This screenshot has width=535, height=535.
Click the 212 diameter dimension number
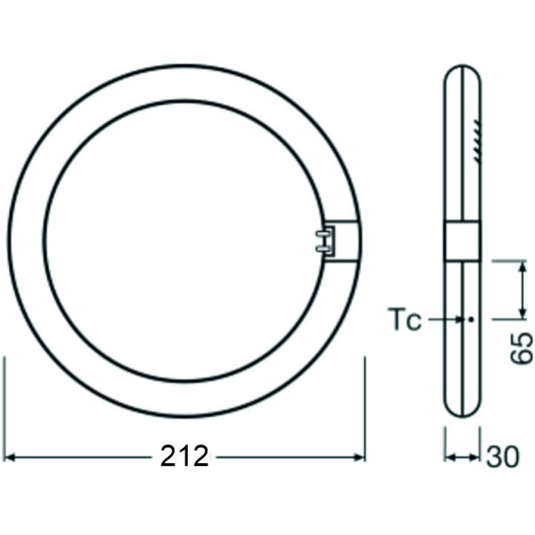pyautogui.click(x=185, y=456)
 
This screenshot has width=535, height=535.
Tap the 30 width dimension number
pyautogui.click(x=503, y=456)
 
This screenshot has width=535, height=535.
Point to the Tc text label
pyautogui.click(x=405, y=320)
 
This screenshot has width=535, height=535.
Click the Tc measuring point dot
pyautogui.click(x=470, y=320)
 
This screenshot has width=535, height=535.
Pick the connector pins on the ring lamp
pyautogui.click(x=321, y=241)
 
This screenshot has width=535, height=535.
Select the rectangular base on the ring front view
pyautogui.click(x=343, y=241)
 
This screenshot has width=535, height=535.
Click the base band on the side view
pyautogui.click(x=462, y=241)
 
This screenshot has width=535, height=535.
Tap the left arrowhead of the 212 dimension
pyautogui.click(x=13, y=456)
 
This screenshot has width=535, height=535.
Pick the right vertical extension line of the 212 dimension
pyautogui.click(x=365, y=409)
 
